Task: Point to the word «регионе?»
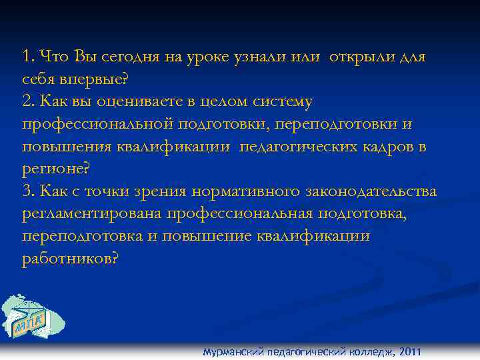[55, 169]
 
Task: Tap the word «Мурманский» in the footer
[233, 352]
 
